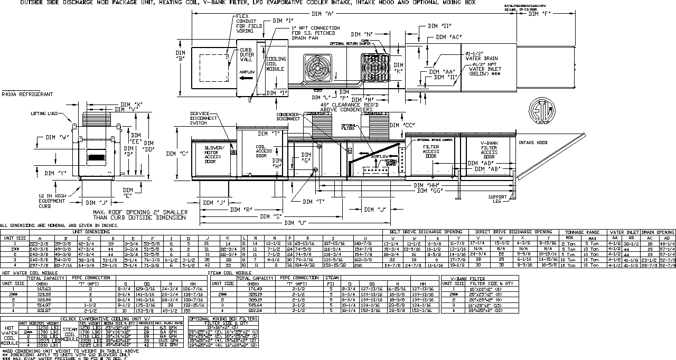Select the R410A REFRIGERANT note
pyautogui.click(x=27, y=94)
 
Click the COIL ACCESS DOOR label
pyautogui.click(x=264, y=151)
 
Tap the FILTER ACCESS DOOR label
pyautogui.click(x=431, y=151)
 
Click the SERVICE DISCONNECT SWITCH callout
pyautogui.click(x=203, y=118)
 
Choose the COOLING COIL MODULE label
pyautogui.click(x=275, y=64)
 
